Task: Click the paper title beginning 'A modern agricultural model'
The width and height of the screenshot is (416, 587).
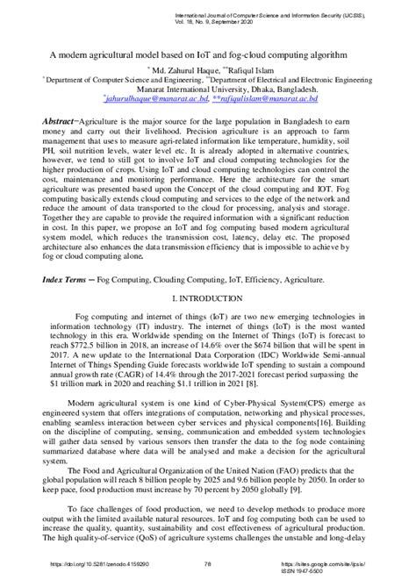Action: click(x=208, y=54)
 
